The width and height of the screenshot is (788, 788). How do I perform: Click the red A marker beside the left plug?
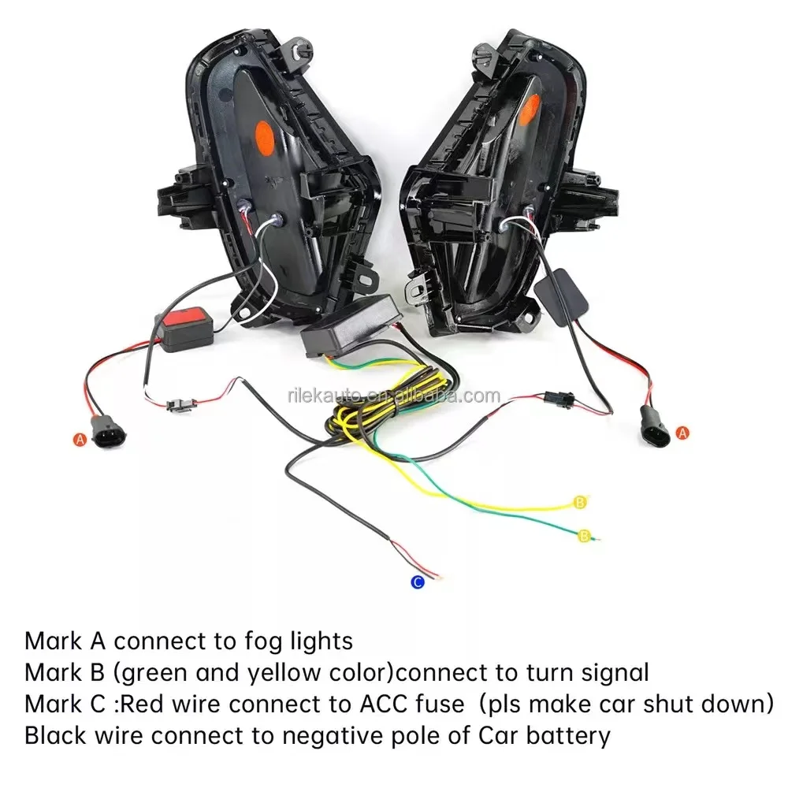tap(79, 440)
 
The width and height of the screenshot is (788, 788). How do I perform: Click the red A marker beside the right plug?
tap(682, 432)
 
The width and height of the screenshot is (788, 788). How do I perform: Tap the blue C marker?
tap(418, 582)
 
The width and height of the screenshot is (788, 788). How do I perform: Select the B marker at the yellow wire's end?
tap(582, 502)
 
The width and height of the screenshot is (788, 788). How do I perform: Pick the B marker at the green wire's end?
tap(584, 536)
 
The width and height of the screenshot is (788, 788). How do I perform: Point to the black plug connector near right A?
tap(653, 424)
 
